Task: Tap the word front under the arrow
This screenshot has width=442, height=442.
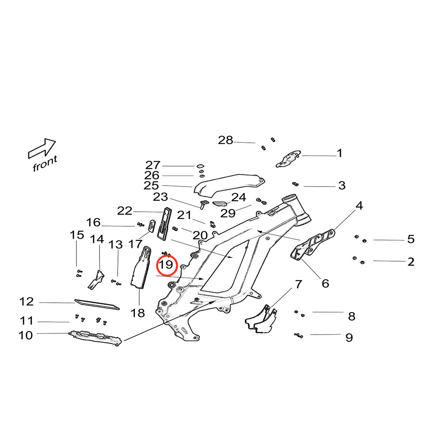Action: tap(45, 164)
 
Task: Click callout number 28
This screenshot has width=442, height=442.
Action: tap(225, 141)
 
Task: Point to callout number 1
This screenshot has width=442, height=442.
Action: tap(339, 153)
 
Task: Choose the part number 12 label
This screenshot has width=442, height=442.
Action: tap(27, 302)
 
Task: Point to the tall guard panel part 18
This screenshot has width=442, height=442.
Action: tap(139, 270)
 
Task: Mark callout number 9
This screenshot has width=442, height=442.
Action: tap(349, 338)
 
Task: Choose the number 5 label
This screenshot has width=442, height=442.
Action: tap(411, 240)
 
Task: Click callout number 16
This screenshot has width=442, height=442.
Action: tap(93, 222)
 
